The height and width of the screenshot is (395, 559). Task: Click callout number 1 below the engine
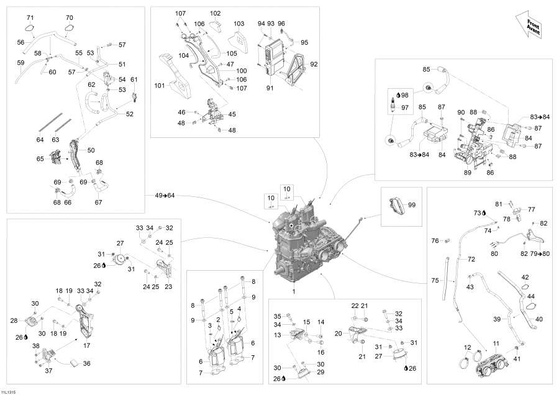[x=294, y=291]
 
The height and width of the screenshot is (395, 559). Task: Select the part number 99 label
[x=412, y=205]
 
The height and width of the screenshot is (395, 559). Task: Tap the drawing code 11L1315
[x=8, y=392]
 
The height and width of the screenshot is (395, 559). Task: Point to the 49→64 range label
[x=165, y=196]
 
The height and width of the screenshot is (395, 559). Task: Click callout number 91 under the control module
[x=270, y=88]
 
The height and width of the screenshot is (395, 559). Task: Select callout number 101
[x=160, y=86]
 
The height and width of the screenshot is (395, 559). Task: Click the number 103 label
[x=239, y=24]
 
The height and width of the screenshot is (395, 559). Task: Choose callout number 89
[x=467, y=173]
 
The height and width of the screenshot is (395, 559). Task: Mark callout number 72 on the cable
[x=471, y=259]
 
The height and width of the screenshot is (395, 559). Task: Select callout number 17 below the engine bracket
[x=86, y=345]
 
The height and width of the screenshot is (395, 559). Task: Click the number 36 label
[x=86, y=363]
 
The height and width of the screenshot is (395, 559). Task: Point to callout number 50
[x=91, y=150]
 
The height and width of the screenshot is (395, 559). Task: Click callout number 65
[x=40, y=158]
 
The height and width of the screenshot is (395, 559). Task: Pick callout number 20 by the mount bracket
[x=339, y=334]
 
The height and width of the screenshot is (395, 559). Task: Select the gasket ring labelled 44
[x=531, y=306]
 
